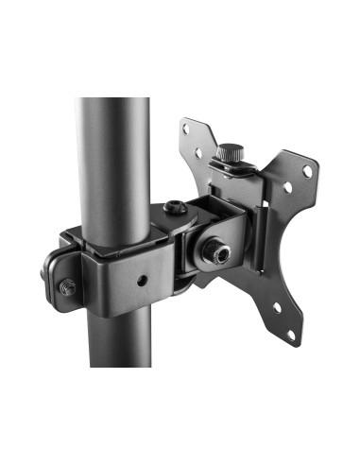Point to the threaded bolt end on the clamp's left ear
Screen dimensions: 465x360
[x=66, y=287]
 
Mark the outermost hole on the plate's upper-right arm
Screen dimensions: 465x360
[x=307, y=171]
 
